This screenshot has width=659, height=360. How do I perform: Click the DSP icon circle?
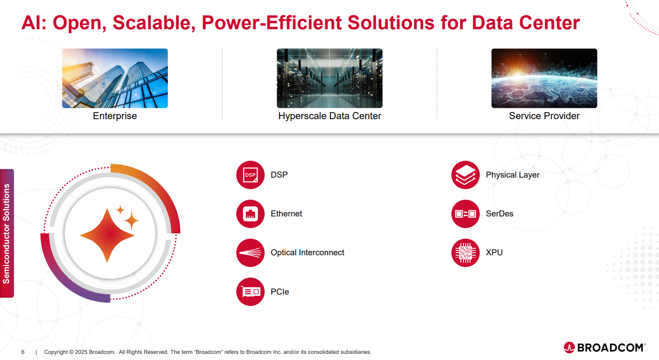251,175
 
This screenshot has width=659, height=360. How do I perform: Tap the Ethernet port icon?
251,214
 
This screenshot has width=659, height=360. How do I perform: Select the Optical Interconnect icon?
251,253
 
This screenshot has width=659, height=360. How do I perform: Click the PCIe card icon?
251,292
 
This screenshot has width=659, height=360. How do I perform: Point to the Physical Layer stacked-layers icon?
465,175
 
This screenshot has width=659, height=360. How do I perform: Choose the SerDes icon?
465,214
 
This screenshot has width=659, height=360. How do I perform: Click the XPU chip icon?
465,253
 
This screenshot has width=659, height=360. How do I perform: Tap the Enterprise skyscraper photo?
115,78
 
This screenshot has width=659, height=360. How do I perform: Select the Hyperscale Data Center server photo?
329,78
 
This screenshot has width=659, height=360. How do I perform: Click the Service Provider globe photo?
544,78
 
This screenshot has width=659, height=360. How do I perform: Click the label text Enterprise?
115,116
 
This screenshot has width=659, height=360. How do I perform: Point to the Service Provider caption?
544,116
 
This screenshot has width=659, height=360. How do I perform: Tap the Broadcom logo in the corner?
604,348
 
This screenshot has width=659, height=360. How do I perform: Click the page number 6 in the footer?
23,352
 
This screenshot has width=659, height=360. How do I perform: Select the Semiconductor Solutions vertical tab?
7,233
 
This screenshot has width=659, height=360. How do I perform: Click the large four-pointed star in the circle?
107,235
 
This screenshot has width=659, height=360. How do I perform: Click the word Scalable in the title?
154,23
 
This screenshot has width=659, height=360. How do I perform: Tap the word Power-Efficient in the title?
272,23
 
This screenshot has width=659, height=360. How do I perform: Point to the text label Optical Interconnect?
307,253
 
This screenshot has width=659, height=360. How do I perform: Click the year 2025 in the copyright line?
81,352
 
